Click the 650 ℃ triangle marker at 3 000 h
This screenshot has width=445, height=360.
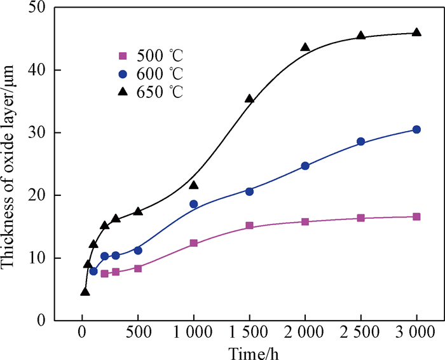(416, 32)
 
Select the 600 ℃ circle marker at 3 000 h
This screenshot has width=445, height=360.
(416, 129)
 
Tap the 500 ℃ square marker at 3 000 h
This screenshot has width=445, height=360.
(416, 217)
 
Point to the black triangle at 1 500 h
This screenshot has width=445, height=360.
(249, 99)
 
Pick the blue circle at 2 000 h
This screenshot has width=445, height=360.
(305, 166)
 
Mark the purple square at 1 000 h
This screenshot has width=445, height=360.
(193, 243)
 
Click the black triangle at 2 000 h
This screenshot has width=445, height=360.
(305, 47)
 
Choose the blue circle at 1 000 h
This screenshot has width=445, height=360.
(193, 204)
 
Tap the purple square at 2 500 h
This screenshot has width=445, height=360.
(361, 218)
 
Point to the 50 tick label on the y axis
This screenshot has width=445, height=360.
(39, 9)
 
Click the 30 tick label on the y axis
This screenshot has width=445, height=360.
(39, 133)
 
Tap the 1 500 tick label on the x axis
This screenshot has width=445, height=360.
(249, 334)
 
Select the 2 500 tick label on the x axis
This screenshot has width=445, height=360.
(361, 334)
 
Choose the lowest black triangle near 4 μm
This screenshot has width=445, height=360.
(85, 292)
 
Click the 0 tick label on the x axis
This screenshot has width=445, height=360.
(81, 334)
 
